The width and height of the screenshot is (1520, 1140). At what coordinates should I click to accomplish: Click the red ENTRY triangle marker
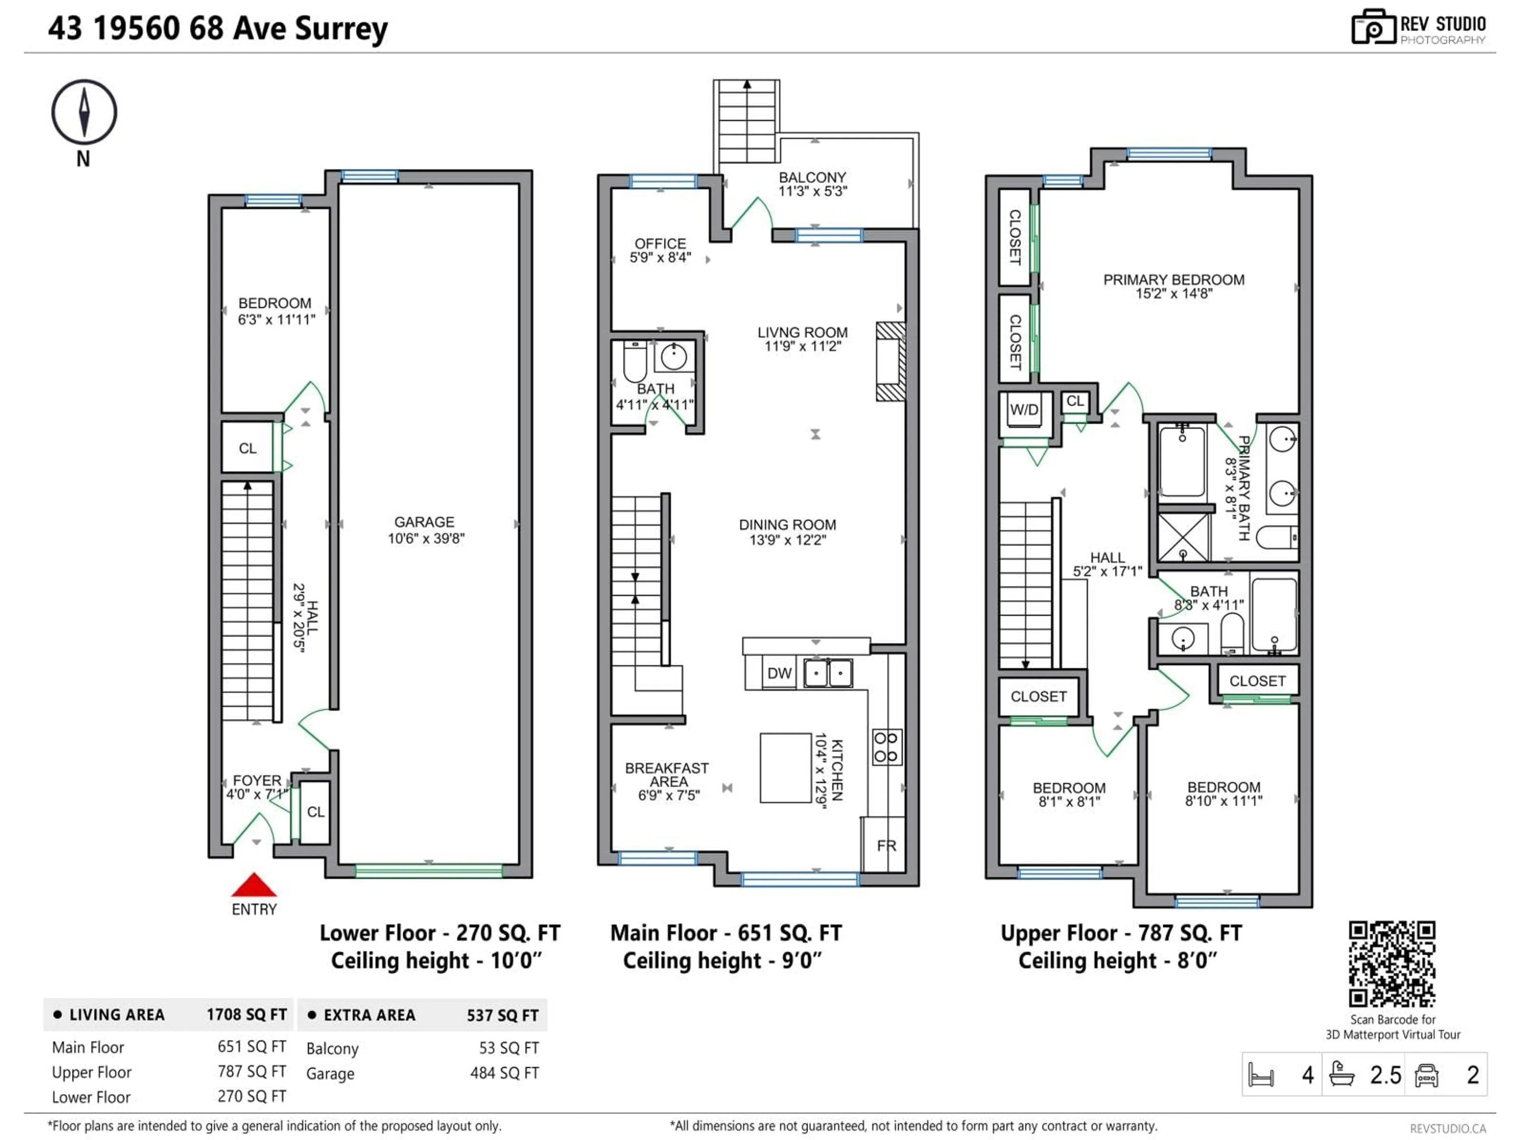tap(254, 886)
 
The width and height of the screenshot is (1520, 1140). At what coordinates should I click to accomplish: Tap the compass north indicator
tap(84, 112)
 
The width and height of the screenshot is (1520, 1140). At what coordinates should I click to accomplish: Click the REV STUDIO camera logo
tap(1373, 27)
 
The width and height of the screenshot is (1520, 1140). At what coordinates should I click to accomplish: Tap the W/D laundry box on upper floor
tap(1024, 410)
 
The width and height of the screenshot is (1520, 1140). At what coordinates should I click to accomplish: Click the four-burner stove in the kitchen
tap(886, 747)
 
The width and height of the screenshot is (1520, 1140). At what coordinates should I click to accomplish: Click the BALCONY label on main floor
tap(812, 177)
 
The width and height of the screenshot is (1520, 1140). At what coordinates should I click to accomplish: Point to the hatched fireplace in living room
tap(891, 361)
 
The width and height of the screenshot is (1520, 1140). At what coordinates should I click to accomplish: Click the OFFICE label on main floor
tap(660, 244)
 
